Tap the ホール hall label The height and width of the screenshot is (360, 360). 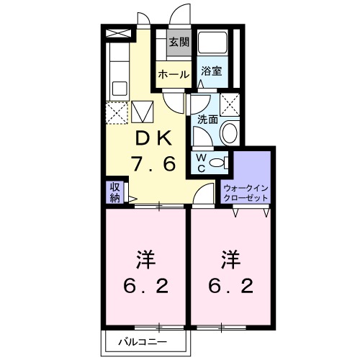[x=174, y=74]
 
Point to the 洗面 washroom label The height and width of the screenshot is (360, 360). [x=207, y=121]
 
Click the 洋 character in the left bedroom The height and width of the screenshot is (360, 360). [x=145, y=257]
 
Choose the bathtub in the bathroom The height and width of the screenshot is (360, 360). [x=213, y=45]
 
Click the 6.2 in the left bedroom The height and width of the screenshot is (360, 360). [x=145, y=287]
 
